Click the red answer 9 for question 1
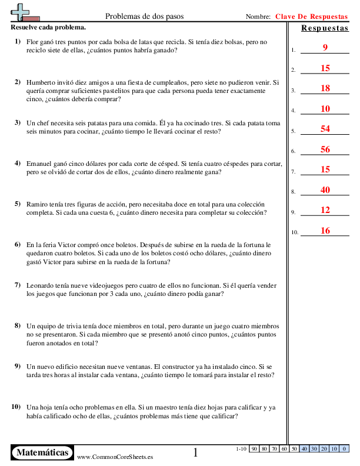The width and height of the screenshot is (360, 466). pos(325,48)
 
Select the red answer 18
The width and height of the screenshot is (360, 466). pos(325,88)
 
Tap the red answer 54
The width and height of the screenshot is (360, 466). pos(325,129)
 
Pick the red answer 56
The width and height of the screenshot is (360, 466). pos(325,149)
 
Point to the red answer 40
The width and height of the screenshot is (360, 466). pos(325,190)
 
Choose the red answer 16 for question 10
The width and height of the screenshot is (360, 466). pos(325,231)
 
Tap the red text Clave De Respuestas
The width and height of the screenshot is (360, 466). pos(311,17)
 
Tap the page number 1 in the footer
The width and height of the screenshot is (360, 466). pos(196,452)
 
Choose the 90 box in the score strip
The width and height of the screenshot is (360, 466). pos(254,449)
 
